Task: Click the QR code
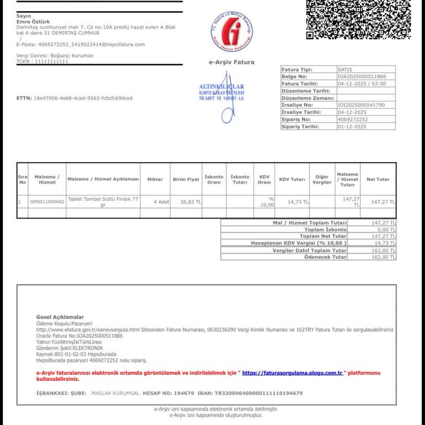coord(357,19)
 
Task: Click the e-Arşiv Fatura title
coord(231,63)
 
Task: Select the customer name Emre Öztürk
coord(33,22)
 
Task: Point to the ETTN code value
coord(83,98)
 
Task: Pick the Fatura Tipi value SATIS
coord(345,69)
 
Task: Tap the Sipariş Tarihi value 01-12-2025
coord(352,126)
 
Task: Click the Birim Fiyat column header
coord(186,179)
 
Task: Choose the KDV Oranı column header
coord(265,179)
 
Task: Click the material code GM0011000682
coord(47,202)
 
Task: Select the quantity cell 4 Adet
coord(161,202)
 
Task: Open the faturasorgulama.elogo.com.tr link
coord(292,374)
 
